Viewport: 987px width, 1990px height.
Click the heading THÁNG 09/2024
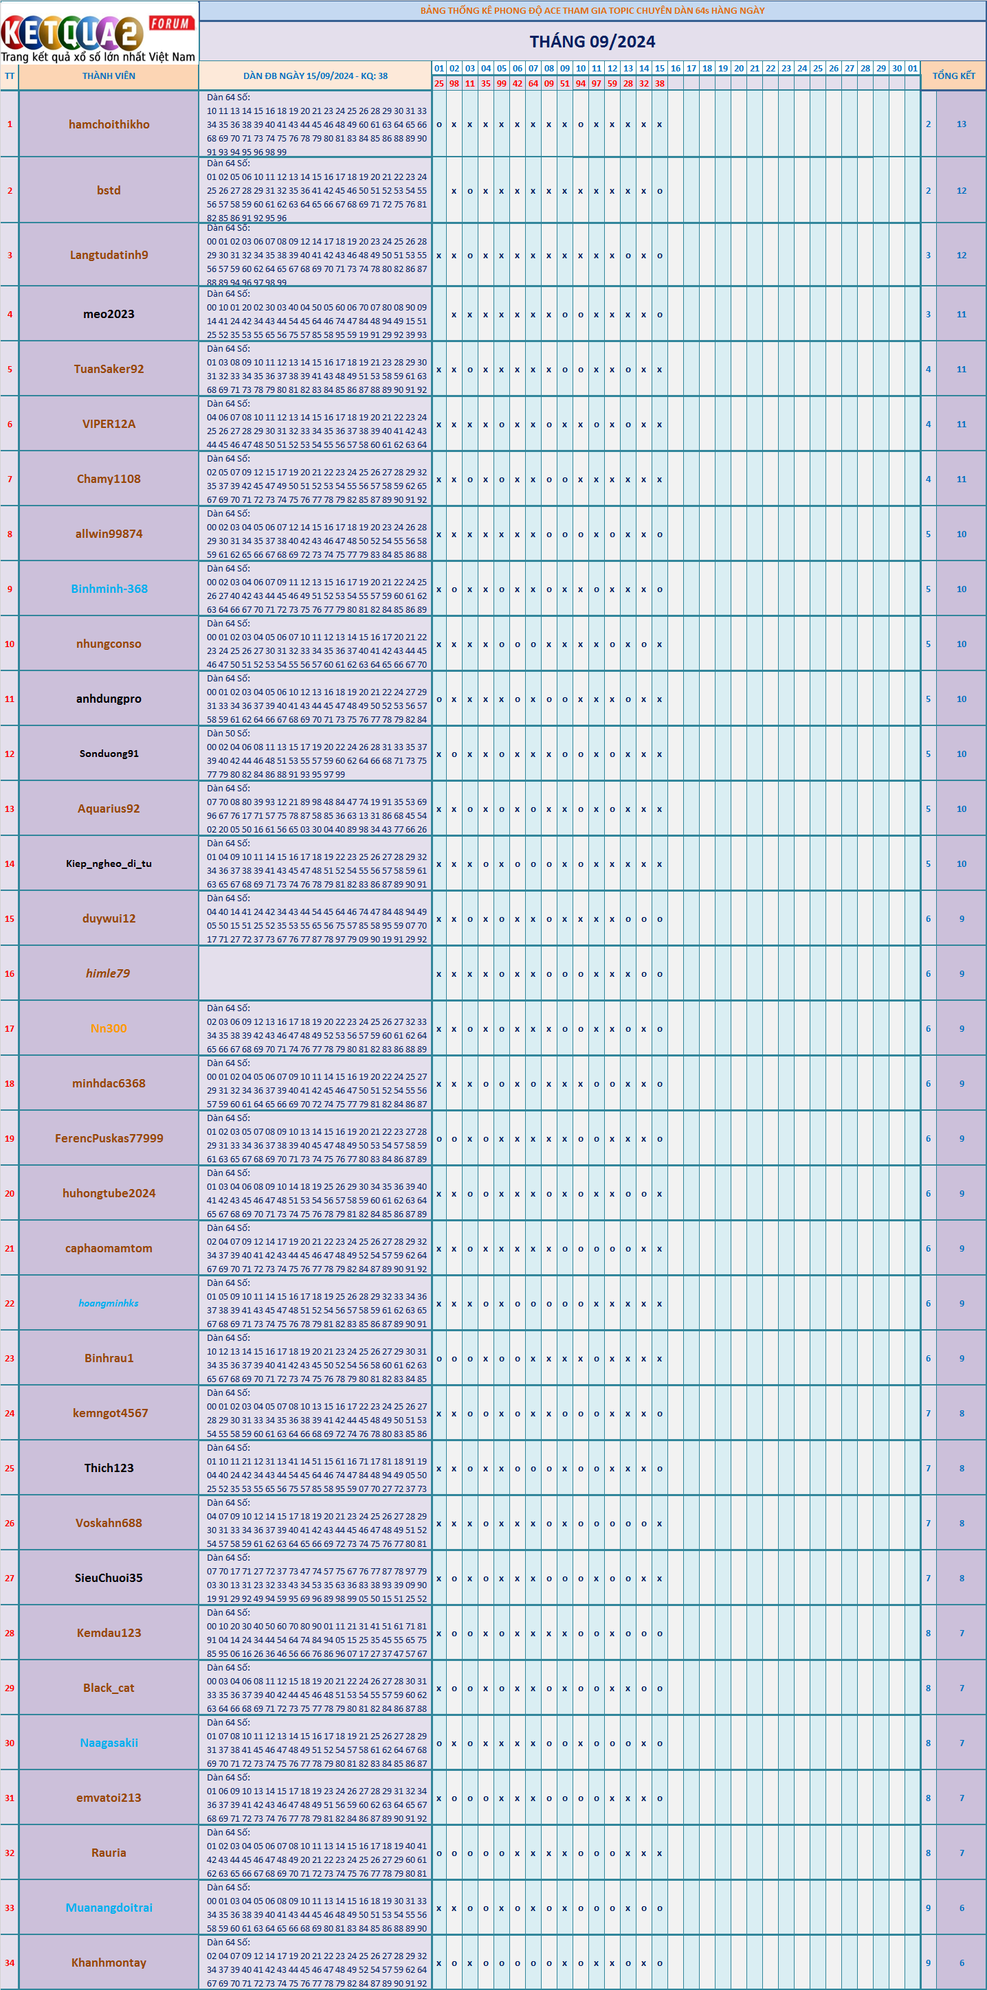click(x=592, y=42)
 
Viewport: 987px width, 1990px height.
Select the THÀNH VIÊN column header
click(x=109, y=76)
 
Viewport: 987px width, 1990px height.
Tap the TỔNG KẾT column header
click(x=954, y=76)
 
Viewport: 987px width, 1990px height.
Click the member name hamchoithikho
click(x=109, y=124)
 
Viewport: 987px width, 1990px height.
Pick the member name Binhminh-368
click(x=109, y=589)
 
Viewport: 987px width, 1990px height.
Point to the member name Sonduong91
click(x=109, y=754)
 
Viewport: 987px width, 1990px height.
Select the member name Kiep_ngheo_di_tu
click(x=109, y=863)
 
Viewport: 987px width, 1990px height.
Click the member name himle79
click(x=108, y=973)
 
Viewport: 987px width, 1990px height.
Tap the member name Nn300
click(x=109, y=1028)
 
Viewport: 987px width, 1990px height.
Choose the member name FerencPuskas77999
click(x=109, y=1138)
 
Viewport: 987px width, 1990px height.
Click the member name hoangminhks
click(x=109, y=1303)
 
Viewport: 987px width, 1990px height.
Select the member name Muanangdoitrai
click(x=109, y=1908)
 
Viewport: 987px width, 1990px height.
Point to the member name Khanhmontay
click(x=109, y=1963)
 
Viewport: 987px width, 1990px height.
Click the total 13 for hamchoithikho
click(x=962, y=124)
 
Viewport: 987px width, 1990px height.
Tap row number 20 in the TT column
click(x=9, y=1194)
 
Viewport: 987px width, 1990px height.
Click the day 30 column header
click(x=896, y=69)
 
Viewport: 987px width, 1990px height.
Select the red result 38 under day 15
click(x=659, y=83)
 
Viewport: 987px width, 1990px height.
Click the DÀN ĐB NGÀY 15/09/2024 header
click(x=315, y=76)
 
